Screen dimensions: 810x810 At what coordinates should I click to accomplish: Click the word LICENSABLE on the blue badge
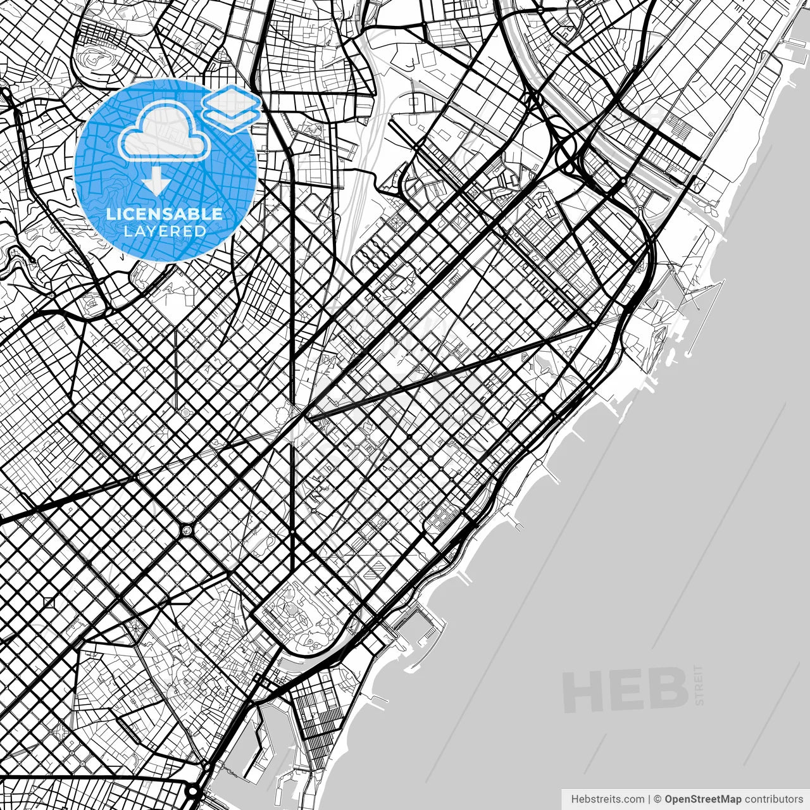(x=165, y=214)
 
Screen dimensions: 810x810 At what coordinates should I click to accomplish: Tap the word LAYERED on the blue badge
(x=165, y=232)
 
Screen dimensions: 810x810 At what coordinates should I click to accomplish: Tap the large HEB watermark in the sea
(x=625, y=690)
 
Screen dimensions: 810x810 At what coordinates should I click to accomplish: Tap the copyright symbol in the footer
(x=658, y=799)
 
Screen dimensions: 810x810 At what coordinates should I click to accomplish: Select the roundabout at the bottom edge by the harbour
(x=194, y=791)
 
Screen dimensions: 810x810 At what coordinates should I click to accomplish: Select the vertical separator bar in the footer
(x=649, y=799)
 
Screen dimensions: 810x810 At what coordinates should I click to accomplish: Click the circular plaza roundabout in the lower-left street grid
(x=188, y=528)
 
